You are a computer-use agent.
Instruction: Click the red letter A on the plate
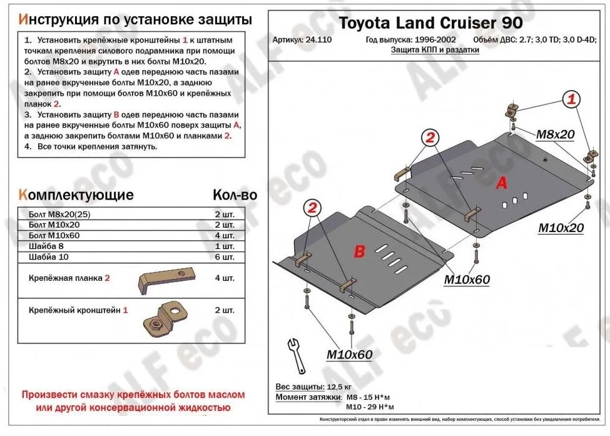point(501,183)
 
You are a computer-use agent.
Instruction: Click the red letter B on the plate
point(359,251)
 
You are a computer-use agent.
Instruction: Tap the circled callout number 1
point(571,99)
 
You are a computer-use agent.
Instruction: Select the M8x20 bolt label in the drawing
point(555,134)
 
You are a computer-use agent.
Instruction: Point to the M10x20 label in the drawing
point(561,228)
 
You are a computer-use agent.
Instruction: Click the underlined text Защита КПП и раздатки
point(435,51)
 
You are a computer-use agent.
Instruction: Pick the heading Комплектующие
point(76,195)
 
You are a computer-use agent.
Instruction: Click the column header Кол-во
point(235,195)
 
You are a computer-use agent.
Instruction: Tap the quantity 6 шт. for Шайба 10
point(224,257)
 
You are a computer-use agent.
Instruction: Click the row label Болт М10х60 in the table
point(54,235)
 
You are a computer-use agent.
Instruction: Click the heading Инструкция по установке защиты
point(136,19)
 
